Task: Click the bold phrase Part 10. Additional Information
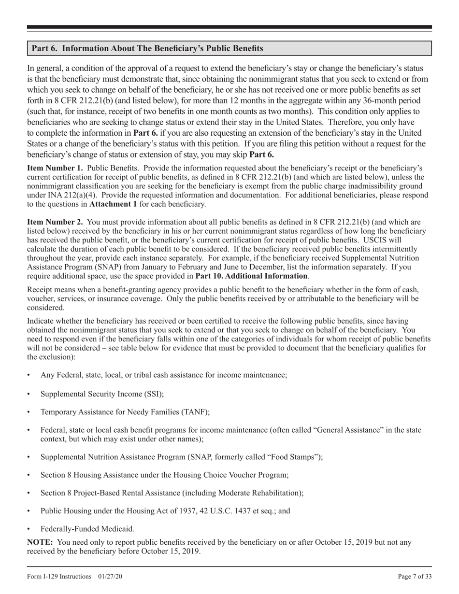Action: [x=251, y=276]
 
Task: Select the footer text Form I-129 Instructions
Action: [x=59, y=576]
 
